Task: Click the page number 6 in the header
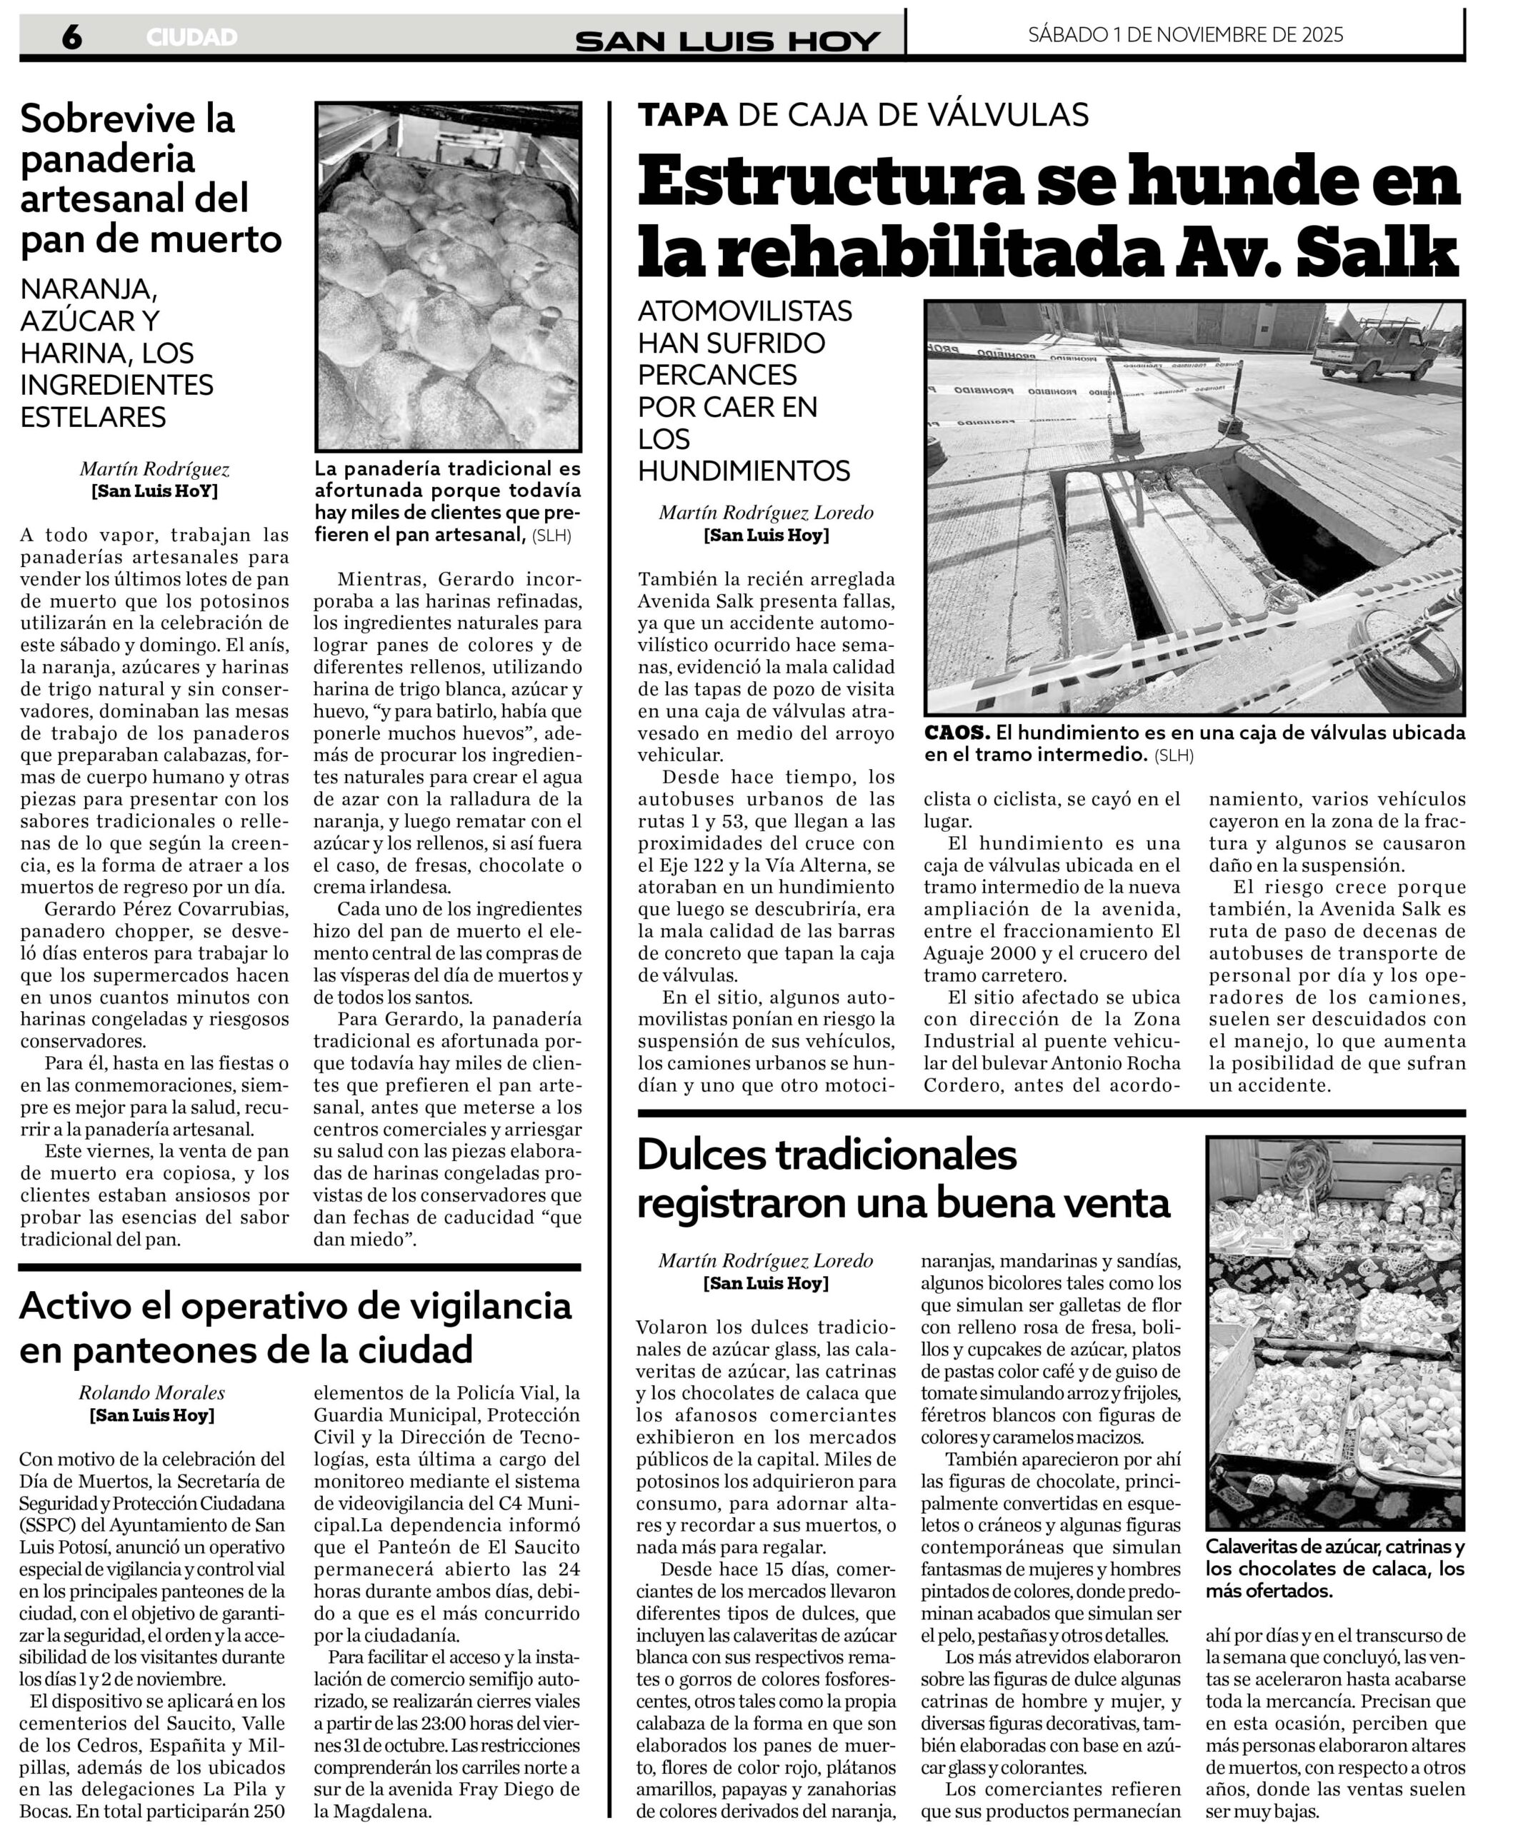[x=71, y=36]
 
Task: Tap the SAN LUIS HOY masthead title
[x=728, y=40]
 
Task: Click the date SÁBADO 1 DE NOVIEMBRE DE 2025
[x=1185, y=35]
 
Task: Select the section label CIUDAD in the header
[x=191, y=37]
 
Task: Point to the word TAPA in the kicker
[x=683, y=114]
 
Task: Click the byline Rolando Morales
[x=151, y=1392]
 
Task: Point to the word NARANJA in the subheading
[x=88, y=288]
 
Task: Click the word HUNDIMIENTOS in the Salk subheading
[x=744, y=471]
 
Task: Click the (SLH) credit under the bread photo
[x=553, y=536]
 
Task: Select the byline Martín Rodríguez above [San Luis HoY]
[x=155, y=469]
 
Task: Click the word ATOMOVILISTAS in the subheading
[x=744, y=311]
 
